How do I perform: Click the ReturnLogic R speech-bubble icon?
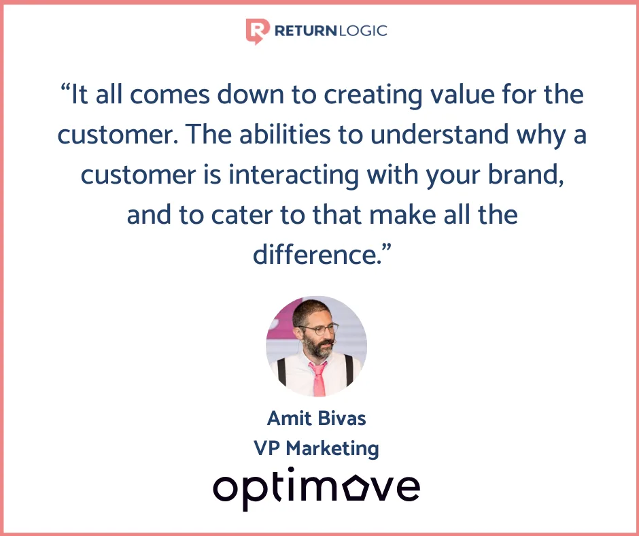258,31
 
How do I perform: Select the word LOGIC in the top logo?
362,31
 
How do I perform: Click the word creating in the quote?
373,95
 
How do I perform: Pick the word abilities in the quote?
284,134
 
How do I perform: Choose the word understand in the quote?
439,134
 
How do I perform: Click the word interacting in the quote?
294,175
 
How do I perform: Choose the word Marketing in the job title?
332,449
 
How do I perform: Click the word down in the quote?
250,95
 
